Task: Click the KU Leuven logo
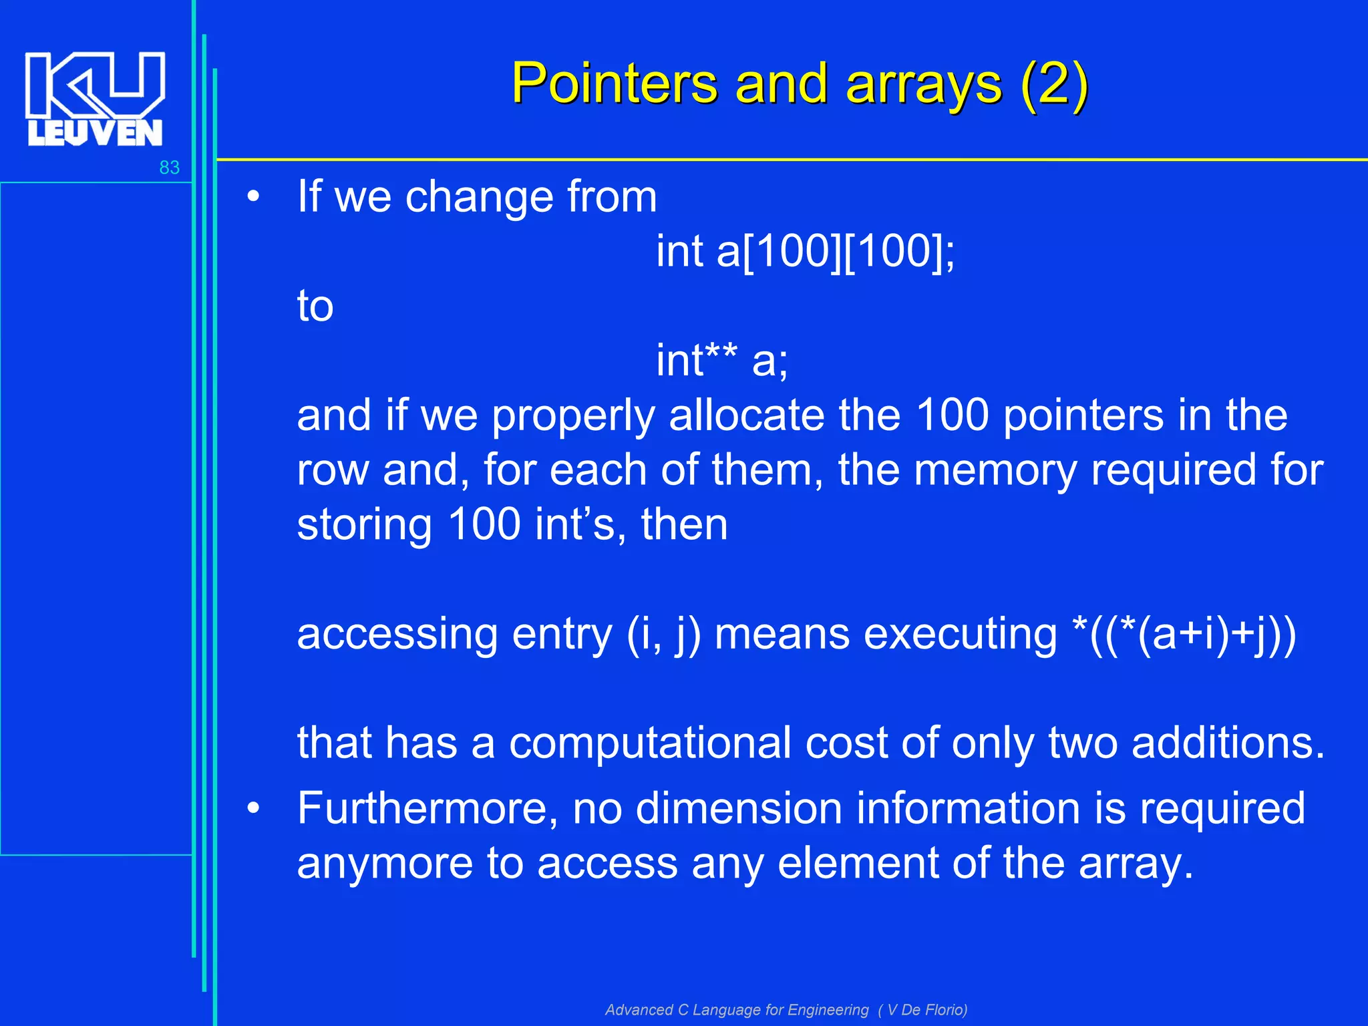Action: [x=95, y=98]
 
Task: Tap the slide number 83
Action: [x=169, y=168]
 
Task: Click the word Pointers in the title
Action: [x=615, y=84]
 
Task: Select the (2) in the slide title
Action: [x=1055, y=84]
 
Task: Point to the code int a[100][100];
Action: [x=805, y=252]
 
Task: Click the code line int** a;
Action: [x=721, y=361]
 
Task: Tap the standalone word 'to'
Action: [x=315, y=307]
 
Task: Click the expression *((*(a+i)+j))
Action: [x=1183, y=634]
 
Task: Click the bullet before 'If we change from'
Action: [x=252, y=198]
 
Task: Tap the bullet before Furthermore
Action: [x=252, y=809]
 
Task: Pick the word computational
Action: [x=650, y=743]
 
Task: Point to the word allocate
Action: [x=746, y=415]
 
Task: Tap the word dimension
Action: [x=738, y=809]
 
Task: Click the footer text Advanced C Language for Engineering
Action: [x=737, y=1010]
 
